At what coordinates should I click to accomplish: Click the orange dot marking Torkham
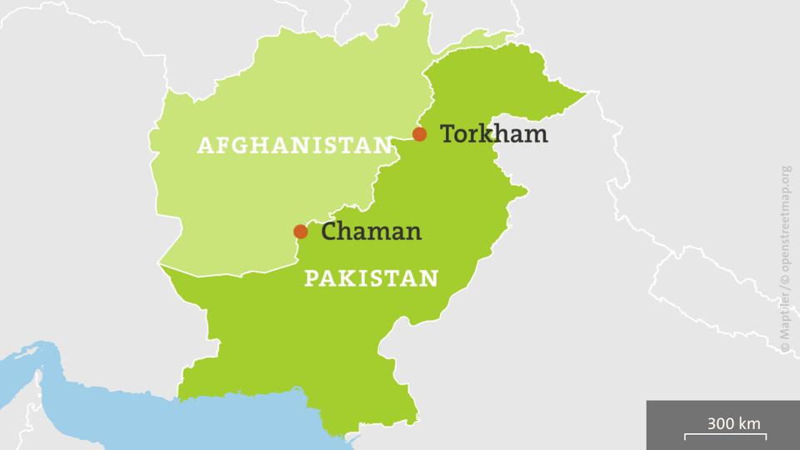(420, 134)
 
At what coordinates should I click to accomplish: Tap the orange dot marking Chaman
(300, 232)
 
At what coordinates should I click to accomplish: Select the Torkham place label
(493, 133)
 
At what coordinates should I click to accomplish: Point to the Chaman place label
(371, 232)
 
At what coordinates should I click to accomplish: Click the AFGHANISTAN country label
(294, 146)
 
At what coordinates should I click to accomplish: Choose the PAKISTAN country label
(371, 277)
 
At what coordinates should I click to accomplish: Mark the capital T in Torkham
(447, 133)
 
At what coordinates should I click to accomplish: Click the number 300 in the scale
(721, 423)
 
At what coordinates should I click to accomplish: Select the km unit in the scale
(749, 423)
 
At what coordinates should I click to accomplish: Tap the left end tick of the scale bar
(686, 437)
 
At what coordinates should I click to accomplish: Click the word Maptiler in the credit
(786, 326)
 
